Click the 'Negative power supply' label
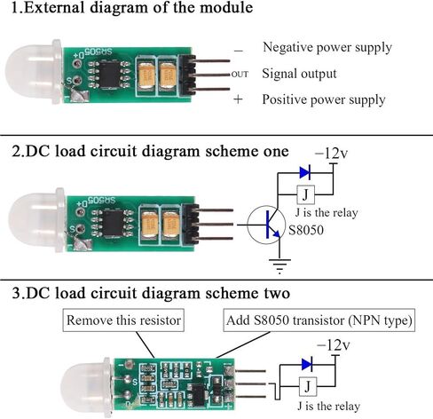pyautogui.click(x=327, y=48)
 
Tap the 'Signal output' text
pyautogui.click(x=299, y=74)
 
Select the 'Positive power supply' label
pyautogui.click(x=324, y=99)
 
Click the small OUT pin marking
pyautogui.click(x=240, y=75)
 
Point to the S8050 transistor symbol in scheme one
pyautogui.click(x=266, y=225)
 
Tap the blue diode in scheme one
pyautogui.click(x=305, y=172)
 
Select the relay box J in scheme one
pyautogui.click(x=305, y=194)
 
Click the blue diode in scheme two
pyautogui.click(x=307, y=364)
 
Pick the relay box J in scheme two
pyautogui.click(x=308, y=386)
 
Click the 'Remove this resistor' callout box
pyautogui.click(x=123, y=320)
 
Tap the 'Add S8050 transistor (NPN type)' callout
pyautogui.click(x=319, y=320)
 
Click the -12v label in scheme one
pyautogui.click(x=331, y=154)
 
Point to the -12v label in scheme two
pyautogui.click(x=334, y=345)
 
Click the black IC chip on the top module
pyautogui.click(x=109, y=75)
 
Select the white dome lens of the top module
pyautogui.click(x=33, y=73)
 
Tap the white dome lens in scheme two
pyautogui.click(x=86, y=388)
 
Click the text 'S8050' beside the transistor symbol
pyautogui.click(x=306, y=230)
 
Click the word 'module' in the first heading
pyautogui.click(x=226, y=7)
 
